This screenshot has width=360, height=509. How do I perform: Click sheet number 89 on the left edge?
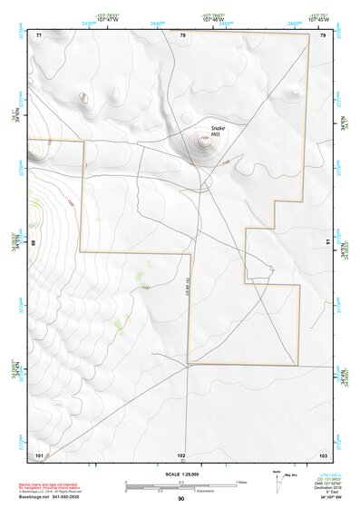click(x=34, y=243)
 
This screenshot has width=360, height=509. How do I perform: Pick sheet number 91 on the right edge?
click(x=327, y=242)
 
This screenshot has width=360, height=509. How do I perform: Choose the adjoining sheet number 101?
click(x=39, y=454)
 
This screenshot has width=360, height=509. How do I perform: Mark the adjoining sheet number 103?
click(x=323, y=454)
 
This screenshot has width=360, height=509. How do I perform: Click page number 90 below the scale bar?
click(x=181, y=499)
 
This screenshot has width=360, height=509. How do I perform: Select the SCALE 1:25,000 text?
click(x=180, y=475)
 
